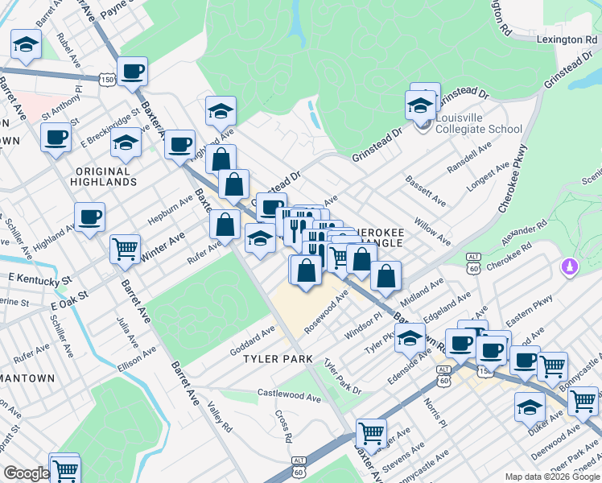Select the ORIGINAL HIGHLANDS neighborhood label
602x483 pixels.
(105, 176)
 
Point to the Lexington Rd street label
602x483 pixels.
(567, 39)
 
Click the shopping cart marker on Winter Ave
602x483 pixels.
(125, 250)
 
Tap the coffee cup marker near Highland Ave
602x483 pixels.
(89, 217)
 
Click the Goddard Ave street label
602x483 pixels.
(253, 336)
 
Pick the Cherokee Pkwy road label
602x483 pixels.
(513, 178)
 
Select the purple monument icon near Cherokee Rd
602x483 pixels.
(569, 266)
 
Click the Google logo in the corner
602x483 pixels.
(26, 473)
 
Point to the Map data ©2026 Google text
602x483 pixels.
(552, 477)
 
